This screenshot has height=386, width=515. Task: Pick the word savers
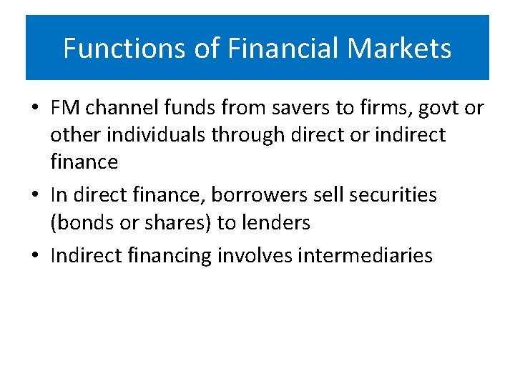click(x=275, y=108)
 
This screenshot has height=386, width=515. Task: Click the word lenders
click(x=275, y=222)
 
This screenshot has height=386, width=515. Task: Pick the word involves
click(x=252, y=255)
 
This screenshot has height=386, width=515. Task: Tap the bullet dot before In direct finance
click(x=34, y=196)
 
